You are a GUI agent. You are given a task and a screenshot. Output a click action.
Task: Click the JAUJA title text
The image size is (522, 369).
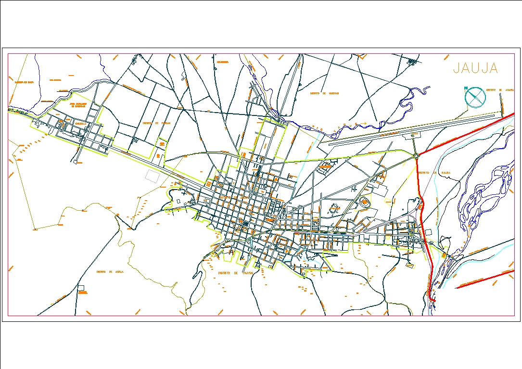tap(475, 69)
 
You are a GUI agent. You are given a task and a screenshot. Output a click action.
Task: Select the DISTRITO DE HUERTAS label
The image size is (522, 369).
tap(324, 93)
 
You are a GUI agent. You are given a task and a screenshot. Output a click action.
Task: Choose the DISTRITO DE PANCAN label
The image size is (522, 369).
tap(156, 123)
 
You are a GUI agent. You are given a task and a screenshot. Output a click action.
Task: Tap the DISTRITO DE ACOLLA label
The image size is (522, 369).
tap(110, 271)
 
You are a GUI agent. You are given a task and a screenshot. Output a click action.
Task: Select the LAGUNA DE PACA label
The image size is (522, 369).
tap(24, 82)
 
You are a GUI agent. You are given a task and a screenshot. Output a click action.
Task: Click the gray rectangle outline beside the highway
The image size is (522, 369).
tap(152, 176)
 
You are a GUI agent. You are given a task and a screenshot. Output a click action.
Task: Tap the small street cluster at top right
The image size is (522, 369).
tap(413, 61)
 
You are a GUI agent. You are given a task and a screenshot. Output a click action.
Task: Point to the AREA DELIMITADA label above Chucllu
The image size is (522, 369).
tap(77, 105)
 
